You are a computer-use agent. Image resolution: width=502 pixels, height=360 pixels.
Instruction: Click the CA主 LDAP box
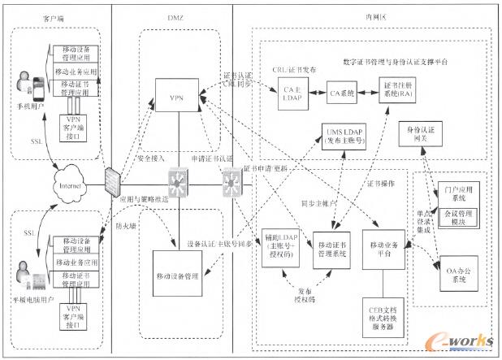coord(291,92)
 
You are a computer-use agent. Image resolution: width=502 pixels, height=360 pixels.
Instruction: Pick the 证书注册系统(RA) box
coord(404,92)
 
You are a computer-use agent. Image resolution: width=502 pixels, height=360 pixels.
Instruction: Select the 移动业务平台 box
coord(383,248)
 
